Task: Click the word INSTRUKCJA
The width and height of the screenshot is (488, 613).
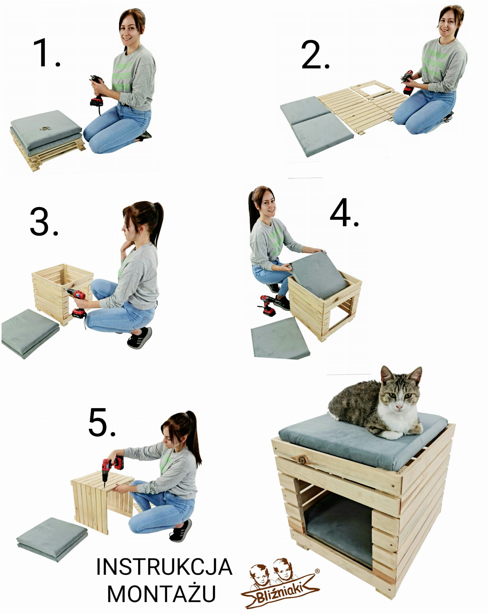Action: point(164,567)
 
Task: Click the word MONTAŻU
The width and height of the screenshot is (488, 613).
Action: point(161,593)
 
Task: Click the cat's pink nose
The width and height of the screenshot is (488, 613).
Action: point(399,406)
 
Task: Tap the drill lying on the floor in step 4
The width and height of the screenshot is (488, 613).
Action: point(268,305)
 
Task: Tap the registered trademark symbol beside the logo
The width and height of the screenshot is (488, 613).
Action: point(317,571)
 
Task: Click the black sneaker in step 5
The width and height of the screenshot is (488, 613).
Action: point(181,530)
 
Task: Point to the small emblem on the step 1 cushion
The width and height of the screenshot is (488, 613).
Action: point(45,129)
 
